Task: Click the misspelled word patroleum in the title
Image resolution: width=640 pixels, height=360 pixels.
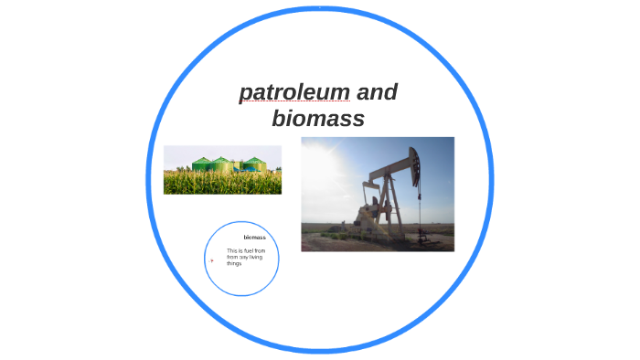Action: [294, 92]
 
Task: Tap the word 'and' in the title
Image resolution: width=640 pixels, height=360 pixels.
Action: [377, 92]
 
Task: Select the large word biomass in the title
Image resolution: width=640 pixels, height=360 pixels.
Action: [318, 119]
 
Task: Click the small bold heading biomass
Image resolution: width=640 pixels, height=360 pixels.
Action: [254, 238]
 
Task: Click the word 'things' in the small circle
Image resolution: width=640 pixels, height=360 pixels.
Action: [235, 263]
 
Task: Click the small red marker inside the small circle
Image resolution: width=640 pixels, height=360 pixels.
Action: [212, 259]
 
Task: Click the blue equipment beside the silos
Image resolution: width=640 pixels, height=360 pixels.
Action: [238, 166]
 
